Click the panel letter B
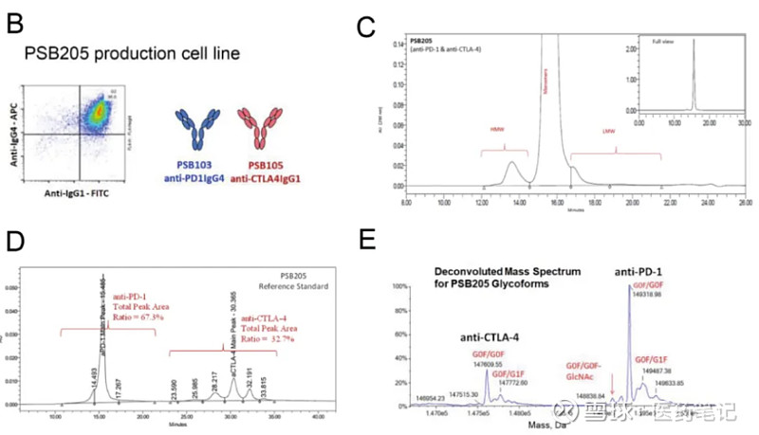click(15, 22)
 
